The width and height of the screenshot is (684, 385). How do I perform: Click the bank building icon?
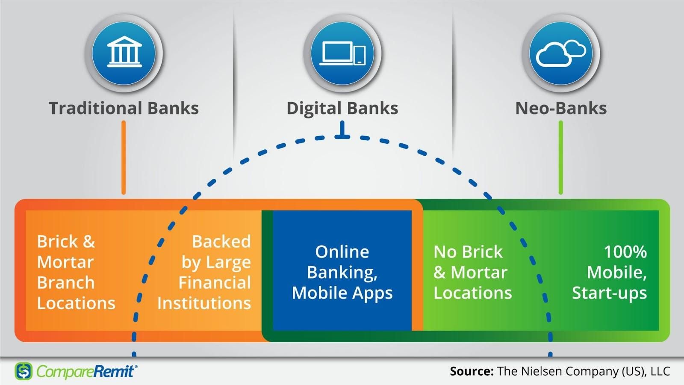pyautogui.click(x=124, y=52)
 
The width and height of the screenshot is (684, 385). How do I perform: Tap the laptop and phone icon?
pyautogui.click(x=342, y=53)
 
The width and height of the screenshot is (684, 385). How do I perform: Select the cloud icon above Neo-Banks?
pyautogui.click(x=561, y=53)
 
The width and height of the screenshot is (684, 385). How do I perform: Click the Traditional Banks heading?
pyautogui.click(x=124, y=108)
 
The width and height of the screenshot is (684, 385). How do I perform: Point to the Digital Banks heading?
pyautogui.click(x=342, y=109)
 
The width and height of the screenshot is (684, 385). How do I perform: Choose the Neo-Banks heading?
pyautogui.click(x=561, y=108)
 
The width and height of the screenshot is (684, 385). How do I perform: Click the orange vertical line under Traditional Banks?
pyautogui.click(x=124, y=158)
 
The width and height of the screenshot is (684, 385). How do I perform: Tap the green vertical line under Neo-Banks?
pyautogui.click(x=560, y=158)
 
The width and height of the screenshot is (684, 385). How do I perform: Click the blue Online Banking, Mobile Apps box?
pyautogui.click(x=342, y=270)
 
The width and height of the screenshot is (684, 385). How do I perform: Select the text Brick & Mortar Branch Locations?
pyautogui.click(x=76, y=272)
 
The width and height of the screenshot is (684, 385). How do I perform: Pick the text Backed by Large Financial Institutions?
pyautogui.click(x=204, y=272)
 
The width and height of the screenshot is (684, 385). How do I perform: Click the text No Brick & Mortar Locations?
pyautogui.click(x=472, y=272)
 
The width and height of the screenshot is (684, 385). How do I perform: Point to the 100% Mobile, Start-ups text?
pyautogui.click(x=610, y=272)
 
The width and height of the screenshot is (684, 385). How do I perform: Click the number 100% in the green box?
pyautogui.click(x=625, y=252)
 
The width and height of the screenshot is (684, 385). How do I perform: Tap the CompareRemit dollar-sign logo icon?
pyautogui.click(x=24, y=371)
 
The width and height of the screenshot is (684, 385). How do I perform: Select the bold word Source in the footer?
pyautogui.click(x=472, y=372)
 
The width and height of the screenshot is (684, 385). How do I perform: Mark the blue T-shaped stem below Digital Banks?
pyautogui.click(x=342, y=130)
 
